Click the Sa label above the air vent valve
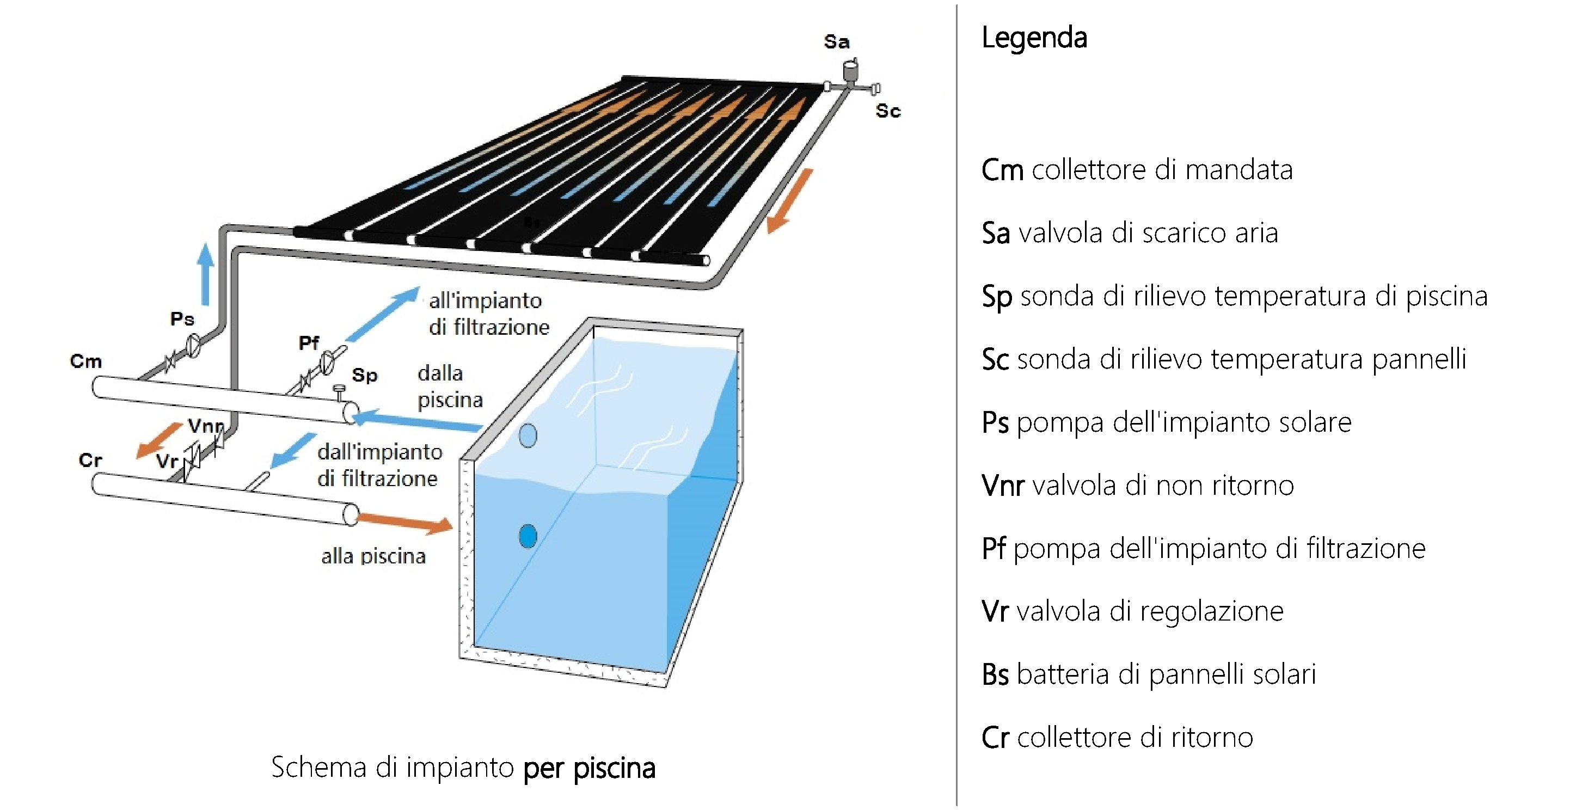coord(836,41)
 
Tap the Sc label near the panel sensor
coord(888,111)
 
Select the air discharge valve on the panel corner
coord(850,70)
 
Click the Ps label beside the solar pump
coord(182,319)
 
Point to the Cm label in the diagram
coord(85,361)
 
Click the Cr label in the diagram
coord(90,460)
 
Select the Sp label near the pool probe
coord(365,375)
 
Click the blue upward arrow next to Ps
coord(206,273)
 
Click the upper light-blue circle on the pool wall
coord(528,435)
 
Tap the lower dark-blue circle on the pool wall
coord(528,536)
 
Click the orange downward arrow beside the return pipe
coord(790,201)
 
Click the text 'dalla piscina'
coord(450,386)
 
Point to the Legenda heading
coord(1034,39)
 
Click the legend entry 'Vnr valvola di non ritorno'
coord(1138,486)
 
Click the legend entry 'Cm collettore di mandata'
coord(1137,170)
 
